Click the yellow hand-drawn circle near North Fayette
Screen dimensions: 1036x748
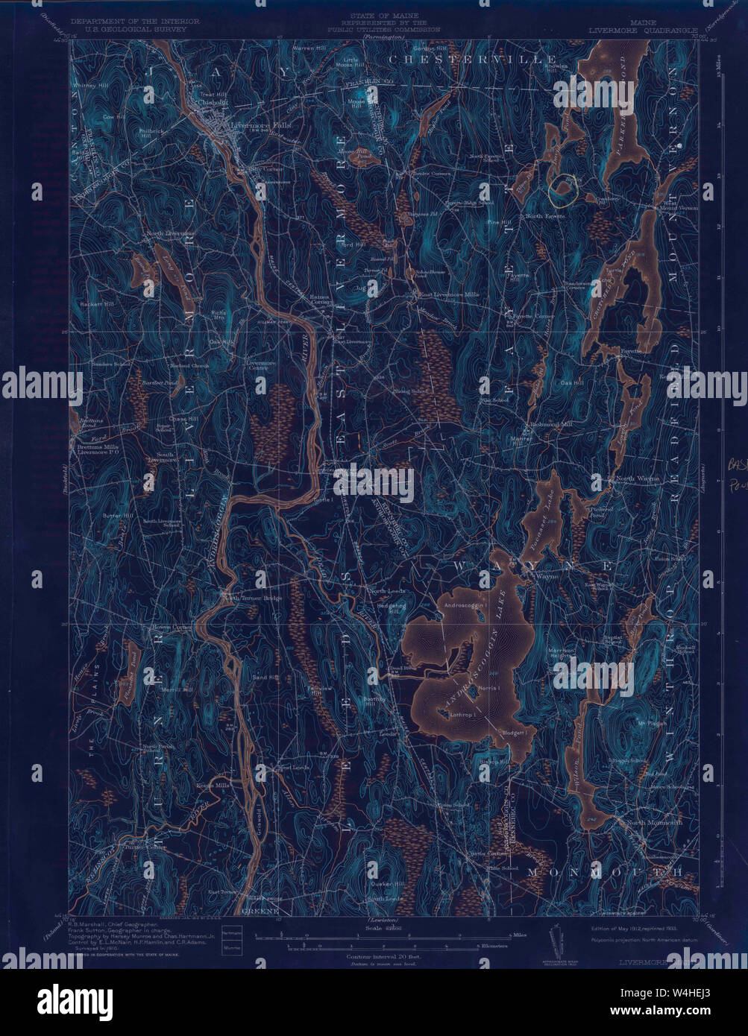point(563,189)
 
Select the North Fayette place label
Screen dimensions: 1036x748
point(546,215)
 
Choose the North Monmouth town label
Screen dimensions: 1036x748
point(654,823)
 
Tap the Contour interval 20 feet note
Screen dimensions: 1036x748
point(375,956)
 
